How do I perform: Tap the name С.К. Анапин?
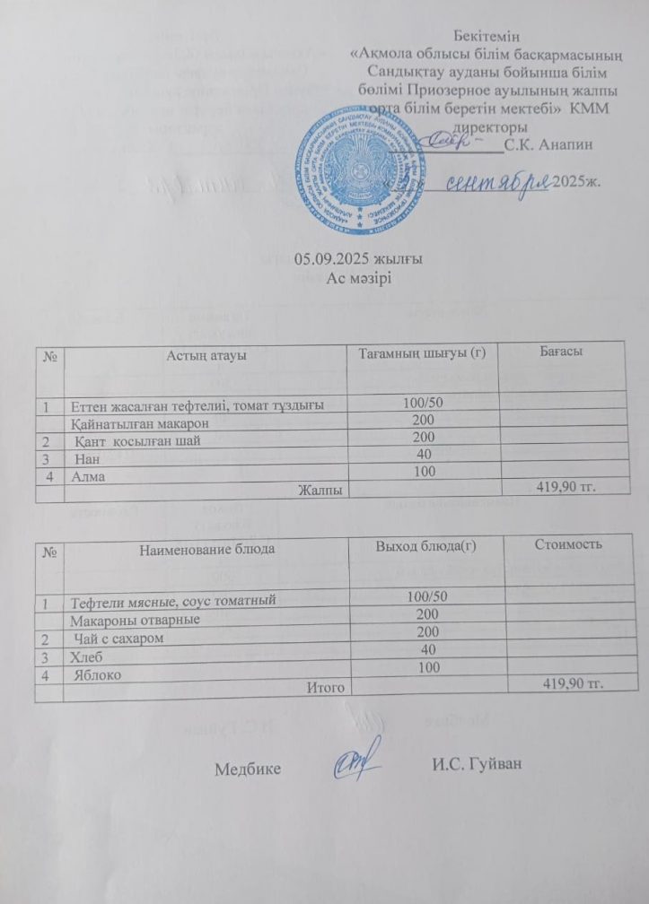coord(548,143)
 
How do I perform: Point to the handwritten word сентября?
coord(498,181)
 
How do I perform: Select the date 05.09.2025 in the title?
coord(329,260)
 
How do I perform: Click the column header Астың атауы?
coord(206,355)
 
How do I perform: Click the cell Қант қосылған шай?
coord(137,440)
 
